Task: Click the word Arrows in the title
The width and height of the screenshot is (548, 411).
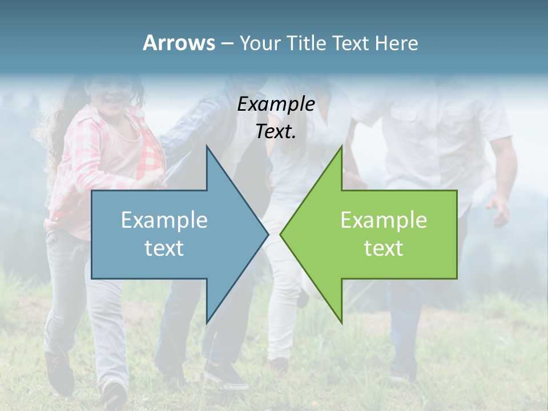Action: [179, 43]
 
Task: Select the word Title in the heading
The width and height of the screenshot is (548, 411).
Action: [307, 43]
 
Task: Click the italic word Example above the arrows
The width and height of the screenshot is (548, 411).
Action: [276, 104]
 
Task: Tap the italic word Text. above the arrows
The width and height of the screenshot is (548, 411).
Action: [276, 132]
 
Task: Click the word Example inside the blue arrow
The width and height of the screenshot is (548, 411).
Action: [164, 220]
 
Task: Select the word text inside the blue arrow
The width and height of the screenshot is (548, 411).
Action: [164, 248]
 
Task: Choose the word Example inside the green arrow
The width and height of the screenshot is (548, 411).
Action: [384, 220]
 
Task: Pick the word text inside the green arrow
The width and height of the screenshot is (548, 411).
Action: [384, 248]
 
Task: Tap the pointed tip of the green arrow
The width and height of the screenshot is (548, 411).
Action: [281, 233]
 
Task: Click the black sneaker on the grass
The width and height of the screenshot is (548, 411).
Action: [225, 376]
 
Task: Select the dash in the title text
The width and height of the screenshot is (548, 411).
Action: [227, 43]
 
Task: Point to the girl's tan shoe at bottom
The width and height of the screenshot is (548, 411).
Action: [114, 394]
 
